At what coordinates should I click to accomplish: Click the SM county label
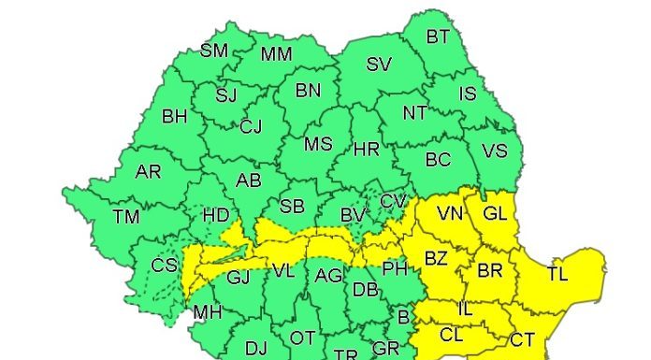pos(214,50)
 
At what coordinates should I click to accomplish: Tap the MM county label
pos(277,54)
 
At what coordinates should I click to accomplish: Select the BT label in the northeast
pos(438,37)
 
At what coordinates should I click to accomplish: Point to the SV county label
pos(379,65)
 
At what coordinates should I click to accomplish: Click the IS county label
pos(469,94)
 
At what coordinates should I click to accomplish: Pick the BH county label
pos(175,117)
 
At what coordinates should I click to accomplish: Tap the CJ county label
pos(252,126)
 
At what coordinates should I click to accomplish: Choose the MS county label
pos(319,145)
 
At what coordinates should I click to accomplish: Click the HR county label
pos(367,149)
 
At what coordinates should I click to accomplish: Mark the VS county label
pos(494,151)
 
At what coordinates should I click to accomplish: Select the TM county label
pos(126,217)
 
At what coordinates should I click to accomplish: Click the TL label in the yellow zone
pos(557,274)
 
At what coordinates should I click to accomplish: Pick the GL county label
pos(495,214)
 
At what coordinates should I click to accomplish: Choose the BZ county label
pos(437,258)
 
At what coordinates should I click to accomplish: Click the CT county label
pos(522,338)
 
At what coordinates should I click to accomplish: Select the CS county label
pos(165,266)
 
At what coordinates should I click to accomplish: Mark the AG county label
pos(328,275)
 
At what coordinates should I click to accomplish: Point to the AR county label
pos(149,172)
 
